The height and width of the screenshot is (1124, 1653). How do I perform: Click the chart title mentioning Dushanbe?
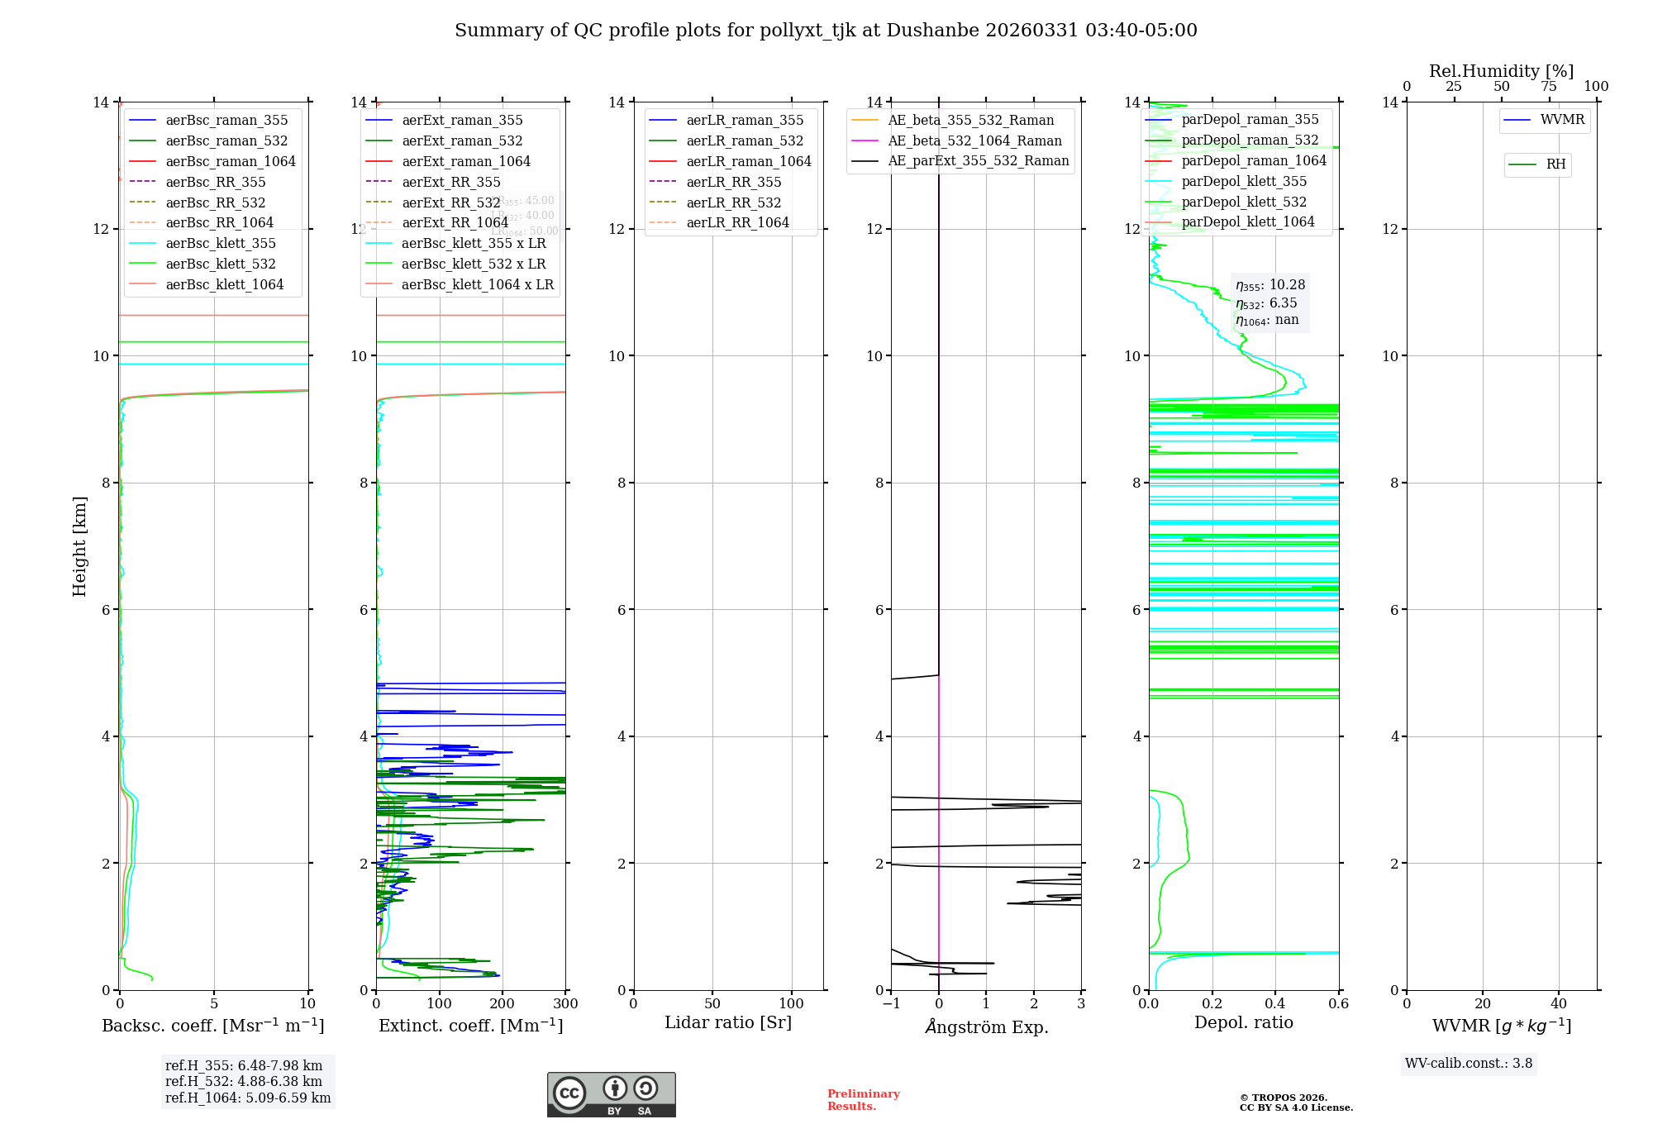(826, 31)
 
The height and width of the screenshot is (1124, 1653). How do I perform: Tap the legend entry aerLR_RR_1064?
(737, 223)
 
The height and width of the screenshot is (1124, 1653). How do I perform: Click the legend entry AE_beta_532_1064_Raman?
(974, 141)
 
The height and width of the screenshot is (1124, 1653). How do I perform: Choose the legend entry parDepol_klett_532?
(1243, 202)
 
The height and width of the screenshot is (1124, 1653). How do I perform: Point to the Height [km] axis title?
(79, 546)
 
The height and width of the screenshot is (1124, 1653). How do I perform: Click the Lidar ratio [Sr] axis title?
(728, 1023)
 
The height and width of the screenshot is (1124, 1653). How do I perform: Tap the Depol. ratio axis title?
(1243, 1023)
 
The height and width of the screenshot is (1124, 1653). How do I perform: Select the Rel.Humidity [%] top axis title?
(1501, 71)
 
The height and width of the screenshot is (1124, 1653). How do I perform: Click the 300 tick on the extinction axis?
(566, 1004)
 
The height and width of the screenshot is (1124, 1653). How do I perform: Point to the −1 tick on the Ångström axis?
(891, 1004)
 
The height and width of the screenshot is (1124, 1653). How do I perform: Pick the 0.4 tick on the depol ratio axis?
(1275, 1004)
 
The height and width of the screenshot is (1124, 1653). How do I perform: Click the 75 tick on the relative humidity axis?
(1549, 87)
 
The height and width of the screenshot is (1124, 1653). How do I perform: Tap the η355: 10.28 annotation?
(1270, 285)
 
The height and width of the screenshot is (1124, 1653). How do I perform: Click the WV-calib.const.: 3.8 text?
(1469, 1064)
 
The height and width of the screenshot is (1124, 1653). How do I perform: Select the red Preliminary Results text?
(863, 1100)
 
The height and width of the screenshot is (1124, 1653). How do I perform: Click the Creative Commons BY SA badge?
(611, 1094)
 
